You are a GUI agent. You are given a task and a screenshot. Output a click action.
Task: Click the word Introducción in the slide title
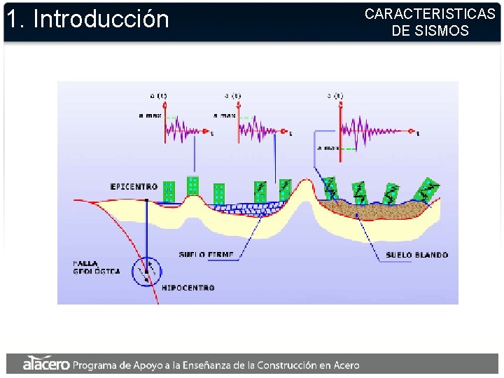coord(101,19)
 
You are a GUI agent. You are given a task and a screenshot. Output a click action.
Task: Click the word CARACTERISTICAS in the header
coord(430,14)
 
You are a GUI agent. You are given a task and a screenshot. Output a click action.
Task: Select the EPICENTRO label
coord(134,187)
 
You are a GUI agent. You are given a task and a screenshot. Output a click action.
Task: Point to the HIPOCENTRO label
coord(188,288)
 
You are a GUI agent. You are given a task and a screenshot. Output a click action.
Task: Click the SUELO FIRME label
coord(204,254)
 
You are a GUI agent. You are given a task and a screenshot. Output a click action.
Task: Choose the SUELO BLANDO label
coord(417,255)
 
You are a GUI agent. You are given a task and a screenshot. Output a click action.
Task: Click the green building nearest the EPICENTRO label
coord(169,191)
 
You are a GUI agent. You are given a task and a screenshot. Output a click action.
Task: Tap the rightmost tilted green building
coord(426,190)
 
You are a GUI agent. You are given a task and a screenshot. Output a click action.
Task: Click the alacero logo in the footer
coord(45,364)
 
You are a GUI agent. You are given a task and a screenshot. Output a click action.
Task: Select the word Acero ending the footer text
coord(343,365)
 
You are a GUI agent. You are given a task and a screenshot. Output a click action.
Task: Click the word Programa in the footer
coord(96,365)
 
